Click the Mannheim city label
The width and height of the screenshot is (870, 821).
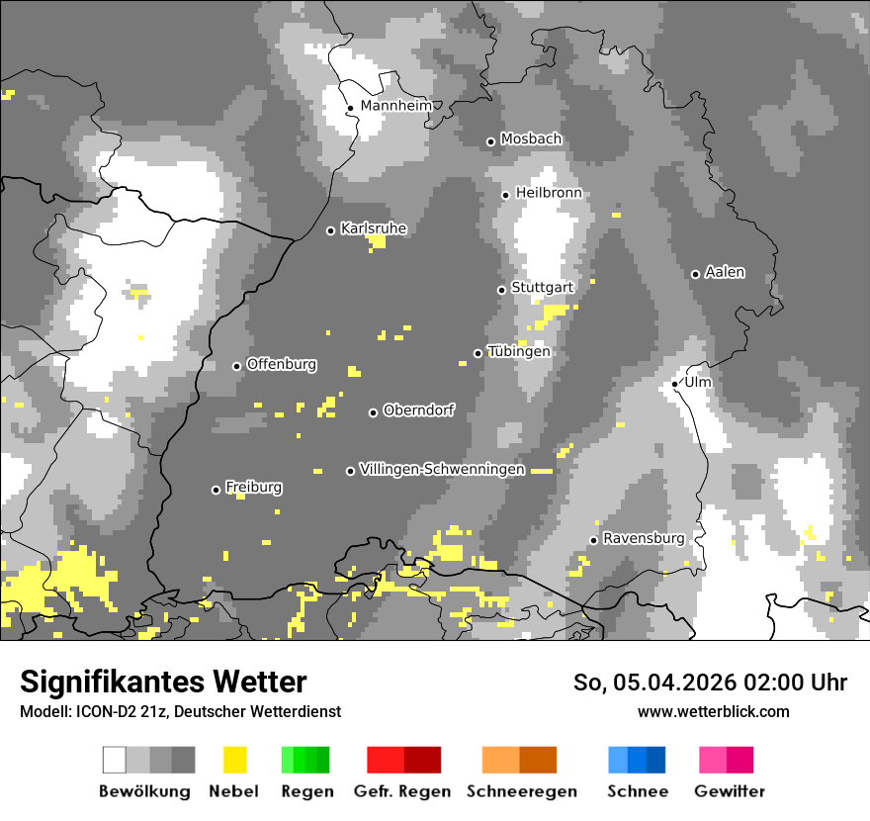tap(395, 106)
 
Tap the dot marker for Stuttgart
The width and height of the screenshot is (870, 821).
tap(501, 290)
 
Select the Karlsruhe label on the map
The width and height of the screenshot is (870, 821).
tap(373, 228)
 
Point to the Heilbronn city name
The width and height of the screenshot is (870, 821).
tap(549, 193)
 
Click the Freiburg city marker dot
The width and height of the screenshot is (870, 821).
tap(216, 490)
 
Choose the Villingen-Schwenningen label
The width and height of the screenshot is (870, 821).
tap(442, 470)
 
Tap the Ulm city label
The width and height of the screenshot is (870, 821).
tap(697, 382)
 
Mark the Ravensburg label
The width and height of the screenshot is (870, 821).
tap(644, 539)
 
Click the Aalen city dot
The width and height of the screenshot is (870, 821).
tap(695, 274)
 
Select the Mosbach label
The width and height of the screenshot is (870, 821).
tap(531, 139)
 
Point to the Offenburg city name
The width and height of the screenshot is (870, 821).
tap(282, 364)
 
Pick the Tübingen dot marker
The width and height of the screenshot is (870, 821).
tap(478, 353)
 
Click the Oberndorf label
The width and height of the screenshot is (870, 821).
tap(418, 410)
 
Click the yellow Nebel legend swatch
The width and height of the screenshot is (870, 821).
tap(234, 760)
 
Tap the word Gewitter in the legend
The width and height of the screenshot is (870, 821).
tap(729, 791)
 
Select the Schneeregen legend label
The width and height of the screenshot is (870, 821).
tap(522, 791)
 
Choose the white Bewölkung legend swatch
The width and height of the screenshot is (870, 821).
tap(115, 760)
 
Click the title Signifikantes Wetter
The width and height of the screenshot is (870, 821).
tap(163, 683)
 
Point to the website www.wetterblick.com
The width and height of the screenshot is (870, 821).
tap(713, 711)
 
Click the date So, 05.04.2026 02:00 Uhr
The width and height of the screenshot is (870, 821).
tap(710, 683)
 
